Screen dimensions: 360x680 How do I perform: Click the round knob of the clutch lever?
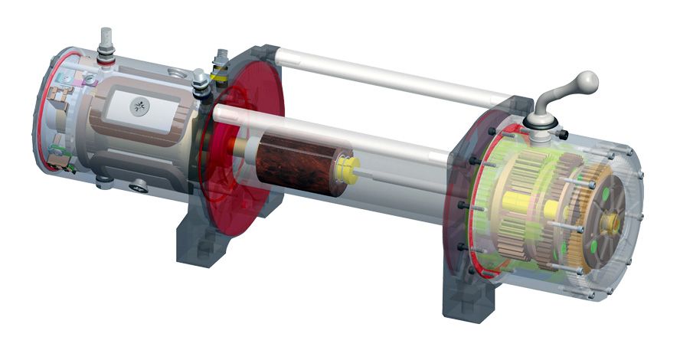click(587, 79)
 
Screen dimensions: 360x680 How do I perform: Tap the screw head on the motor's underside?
click(139, 185)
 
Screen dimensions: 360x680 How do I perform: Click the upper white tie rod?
click(383, 77)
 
